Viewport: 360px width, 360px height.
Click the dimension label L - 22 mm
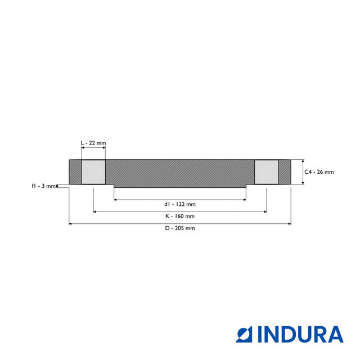pos(93,143)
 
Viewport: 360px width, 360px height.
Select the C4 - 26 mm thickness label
pos(319,172)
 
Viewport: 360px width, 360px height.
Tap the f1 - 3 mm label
pos(43,186)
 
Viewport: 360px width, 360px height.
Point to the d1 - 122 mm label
pos(180,204)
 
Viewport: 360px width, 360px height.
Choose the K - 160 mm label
pos(180,216)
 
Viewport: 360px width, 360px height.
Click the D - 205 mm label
pos(180,228)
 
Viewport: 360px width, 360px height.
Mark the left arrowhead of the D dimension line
pos(71,224)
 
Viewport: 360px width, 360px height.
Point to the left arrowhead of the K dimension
pos(95,211)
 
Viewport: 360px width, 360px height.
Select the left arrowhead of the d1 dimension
pos(116,199)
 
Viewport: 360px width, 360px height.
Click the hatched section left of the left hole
pos(75,172)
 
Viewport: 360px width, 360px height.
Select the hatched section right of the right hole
pos(285,172)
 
